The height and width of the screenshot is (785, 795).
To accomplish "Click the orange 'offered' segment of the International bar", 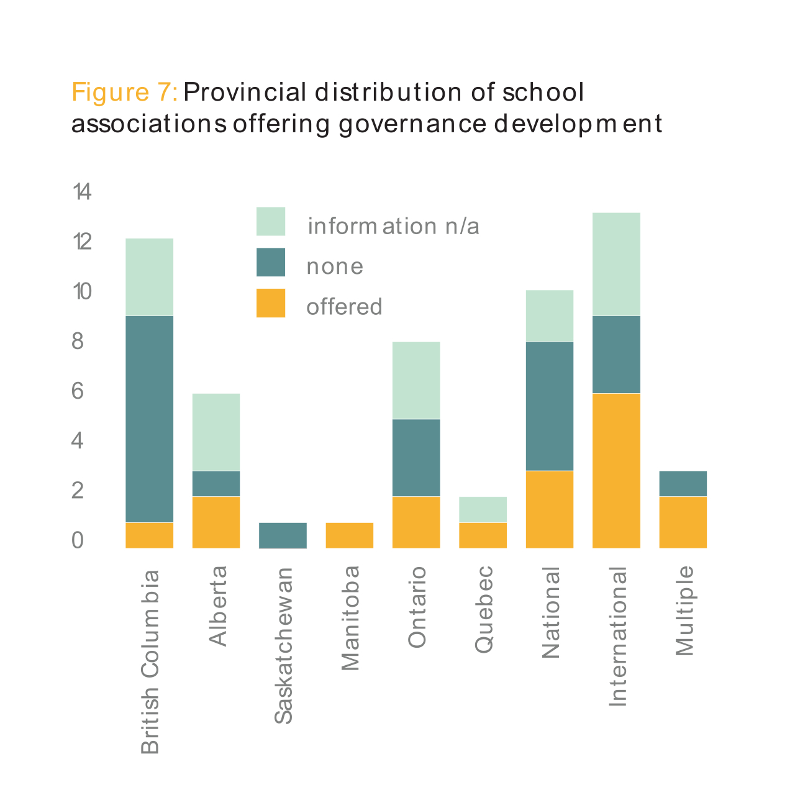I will click(x=616, y=470).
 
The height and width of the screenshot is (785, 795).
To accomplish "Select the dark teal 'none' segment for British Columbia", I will click(x=149, y=419).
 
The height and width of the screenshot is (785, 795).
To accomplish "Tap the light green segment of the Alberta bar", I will click(x=216, y=432).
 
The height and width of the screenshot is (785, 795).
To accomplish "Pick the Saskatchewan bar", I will click(x=283, y=535).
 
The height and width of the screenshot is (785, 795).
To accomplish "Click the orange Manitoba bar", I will click(x=350, y=535).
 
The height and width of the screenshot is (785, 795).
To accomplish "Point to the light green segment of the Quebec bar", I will click(x=483, y=509).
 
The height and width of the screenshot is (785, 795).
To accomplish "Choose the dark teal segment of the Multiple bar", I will click(x=683, y=483).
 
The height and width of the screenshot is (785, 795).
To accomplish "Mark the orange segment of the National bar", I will click(x=550, y=509).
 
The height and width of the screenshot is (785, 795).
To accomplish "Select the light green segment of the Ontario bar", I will click(x=416, y=380).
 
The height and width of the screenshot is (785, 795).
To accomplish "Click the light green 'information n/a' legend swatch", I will click(x=271, y=222).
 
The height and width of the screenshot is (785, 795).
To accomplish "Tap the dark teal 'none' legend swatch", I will click(x=271, y=262).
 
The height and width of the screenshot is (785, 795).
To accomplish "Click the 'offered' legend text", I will click(x=344, y=307).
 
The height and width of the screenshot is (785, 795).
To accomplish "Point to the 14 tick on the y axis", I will click(x=82, y=193).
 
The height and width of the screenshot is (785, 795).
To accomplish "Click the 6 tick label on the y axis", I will click(x=78, y=391).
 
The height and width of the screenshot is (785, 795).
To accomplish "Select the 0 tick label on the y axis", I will click(x=78, y=541).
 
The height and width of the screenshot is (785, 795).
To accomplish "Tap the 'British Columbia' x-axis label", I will click(x=150, y=662).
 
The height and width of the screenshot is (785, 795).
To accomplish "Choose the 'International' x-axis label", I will click(x=618, y=637).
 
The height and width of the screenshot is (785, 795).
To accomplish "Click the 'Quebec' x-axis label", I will click(x=483, y=609).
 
